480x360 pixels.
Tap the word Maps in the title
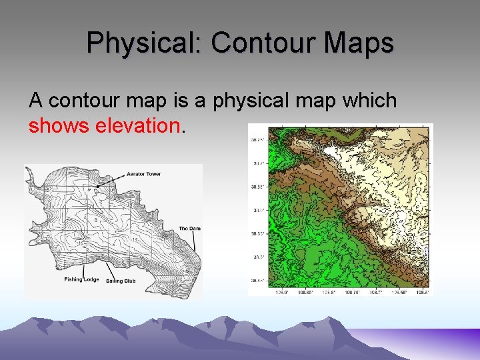tap(358, 43)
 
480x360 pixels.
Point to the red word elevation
tap(137, 125)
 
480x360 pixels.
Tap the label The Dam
tap(189, 229)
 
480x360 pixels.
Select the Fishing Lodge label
tap(81, 280)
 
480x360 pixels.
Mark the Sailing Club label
tap(121, 281)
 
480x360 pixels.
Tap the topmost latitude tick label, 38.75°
tap(257, 140)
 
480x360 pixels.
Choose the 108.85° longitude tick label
tap(304, 292)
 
